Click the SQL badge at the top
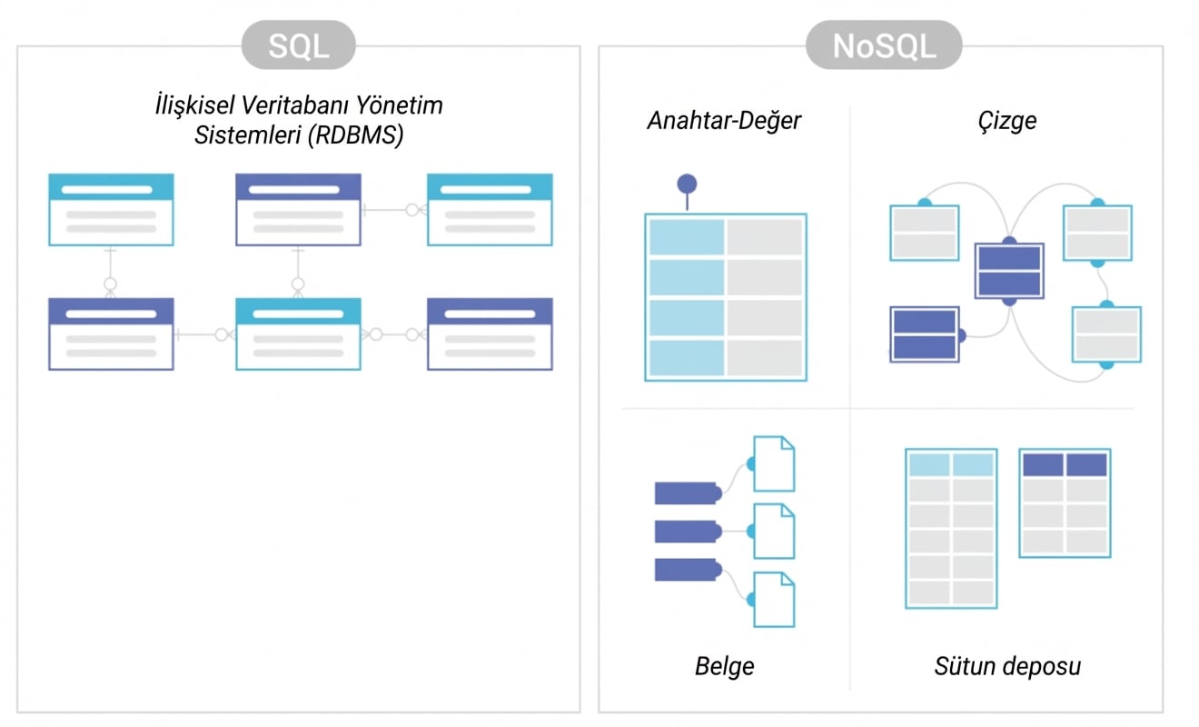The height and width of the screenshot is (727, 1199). click(298, 45)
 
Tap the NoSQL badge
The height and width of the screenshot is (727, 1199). click(883, 45)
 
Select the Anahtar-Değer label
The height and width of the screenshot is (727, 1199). click(724, 121)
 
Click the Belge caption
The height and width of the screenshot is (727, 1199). click(724, 666)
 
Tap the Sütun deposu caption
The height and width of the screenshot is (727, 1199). click(1007, 666)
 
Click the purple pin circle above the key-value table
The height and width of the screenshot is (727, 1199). click(687, 184)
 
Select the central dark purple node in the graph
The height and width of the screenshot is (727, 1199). click(1009, 271)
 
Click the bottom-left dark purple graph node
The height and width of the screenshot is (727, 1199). click(924, 334)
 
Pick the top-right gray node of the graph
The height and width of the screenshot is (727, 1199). click(1097, 233)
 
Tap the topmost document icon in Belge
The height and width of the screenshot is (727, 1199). click(774, 464)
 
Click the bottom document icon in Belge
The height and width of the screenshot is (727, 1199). click(774, 599)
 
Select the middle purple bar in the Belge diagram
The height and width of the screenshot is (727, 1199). click(687, 531)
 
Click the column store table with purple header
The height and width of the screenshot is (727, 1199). click(1065, 503)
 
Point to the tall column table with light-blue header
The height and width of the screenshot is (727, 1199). click(951, 528)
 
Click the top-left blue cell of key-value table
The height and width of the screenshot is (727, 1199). click(686, 236)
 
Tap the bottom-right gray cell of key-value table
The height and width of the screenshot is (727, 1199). click(765, 358)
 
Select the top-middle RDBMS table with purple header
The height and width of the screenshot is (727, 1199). click(298, 209)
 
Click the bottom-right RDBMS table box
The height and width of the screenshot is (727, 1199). click(490, 334)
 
